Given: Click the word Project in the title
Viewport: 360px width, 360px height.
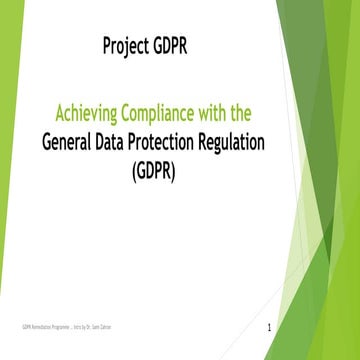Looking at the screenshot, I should [129, 46].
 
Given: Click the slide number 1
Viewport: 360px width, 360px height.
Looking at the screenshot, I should [270, 328].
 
